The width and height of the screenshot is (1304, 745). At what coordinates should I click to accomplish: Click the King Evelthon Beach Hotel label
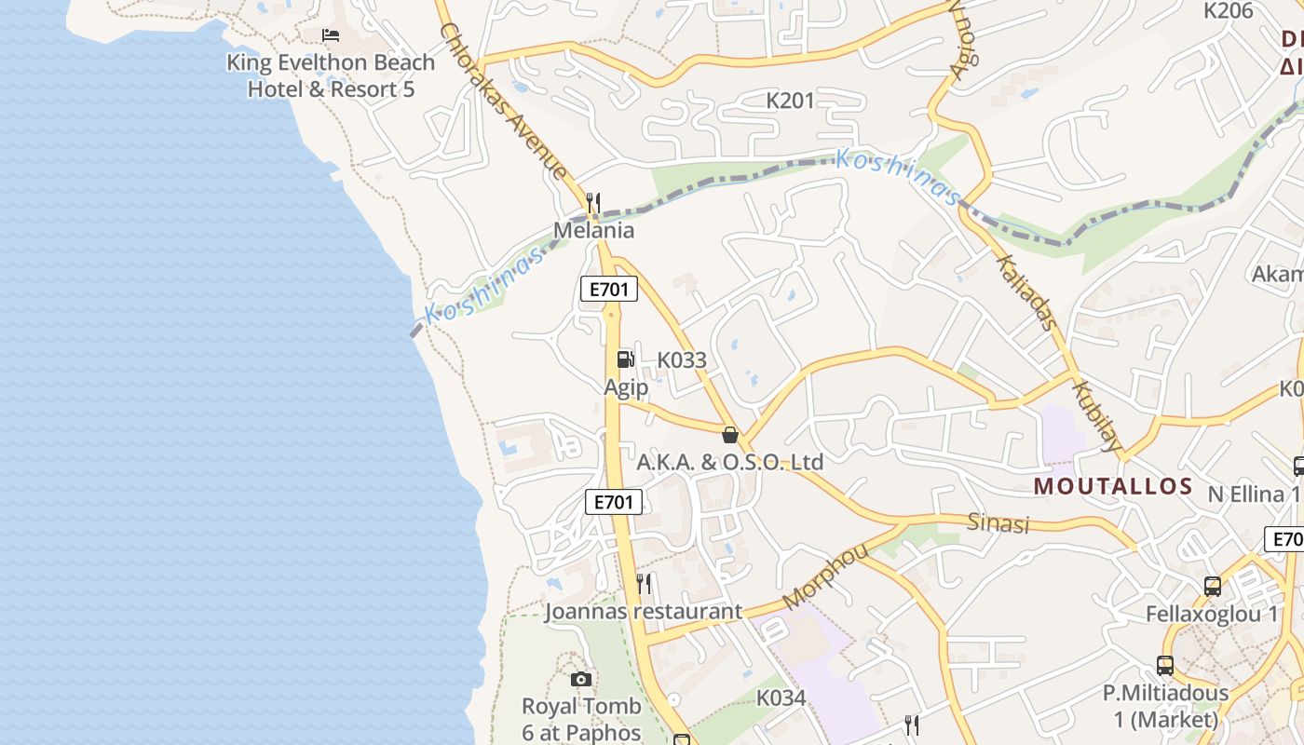(x=331, y=75)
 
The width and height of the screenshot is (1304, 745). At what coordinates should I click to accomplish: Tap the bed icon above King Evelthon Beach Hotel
(x=331, y=35)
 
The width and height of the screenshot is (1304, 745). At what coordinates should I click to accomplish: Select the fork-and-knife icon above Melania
(x=593, y=203)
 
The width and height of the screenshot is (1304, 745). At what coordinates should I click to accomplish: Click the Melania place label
(x=593, y=230)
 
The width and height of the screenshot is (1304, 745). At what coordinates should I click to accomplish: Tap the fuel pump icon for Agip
(x=626, y=359)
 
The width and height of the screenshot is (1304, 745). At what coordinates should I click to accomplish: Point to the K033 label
(x=682, y=360)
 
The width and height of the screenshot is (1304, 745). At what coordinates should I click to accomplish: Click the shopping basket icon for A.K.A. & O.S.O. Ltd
(x=730, y=435)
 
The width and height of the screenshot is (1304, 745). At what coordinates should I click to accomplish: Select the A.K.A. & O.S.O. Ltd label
(x=730, y=462)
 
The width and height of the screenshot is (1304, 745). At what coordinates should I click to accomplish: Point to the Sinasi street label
(x=998, y=523)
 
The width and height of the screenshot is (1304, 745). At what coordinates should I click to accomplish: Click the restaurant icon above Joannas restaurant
(x=644, y=584)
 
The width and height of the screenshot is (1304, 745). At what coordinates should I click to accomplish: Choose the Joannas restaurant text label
(x=644, y=612)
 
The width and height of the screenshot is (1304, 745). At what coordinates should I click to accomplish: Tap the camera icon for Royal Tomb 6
(x=580, y=680)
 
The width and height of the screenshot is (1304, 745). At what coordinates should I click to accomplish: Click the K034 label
(x=781, y=698)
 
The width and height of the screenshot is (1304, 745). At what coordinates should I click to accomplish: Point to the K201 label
(x=790, y=101)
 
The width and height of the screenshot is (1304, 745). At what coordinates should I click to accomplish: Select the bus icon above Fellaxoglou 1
(x=1212, y=587)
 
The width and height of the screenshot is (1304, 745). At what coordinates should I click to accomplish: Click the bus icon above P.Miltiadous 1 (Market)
(x=1165, y=666)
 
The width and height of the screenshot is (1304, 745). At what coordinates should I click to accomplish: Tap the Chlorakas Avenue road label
(x=503, y=101)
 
